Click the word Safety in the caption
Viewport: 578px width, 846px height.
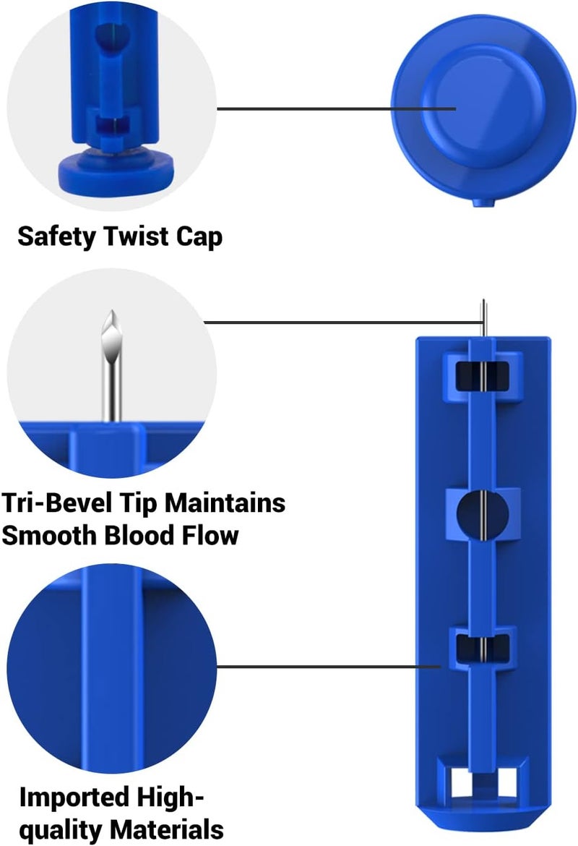click(x=56, y=237)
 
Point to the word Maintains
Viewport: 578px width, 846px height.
click(x=225, y=503)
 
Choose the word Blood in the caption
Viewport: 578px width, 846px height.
click(x=139, y=535)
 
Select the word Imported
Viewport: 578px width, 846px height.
click(x=75, y=798)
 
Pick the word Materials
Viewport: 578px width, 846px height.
click(x=167, y=829)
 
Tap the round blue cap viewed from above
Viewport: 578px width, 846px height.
click(x=483, y=107)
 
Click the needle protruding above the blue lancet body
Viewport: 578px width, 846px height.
click(x=483, y=318)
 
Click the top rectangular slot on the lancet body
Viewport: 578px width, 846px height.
click(x=483, y=376)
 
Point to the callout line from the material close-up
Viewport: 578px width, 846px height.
click(x=329, y=667)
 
